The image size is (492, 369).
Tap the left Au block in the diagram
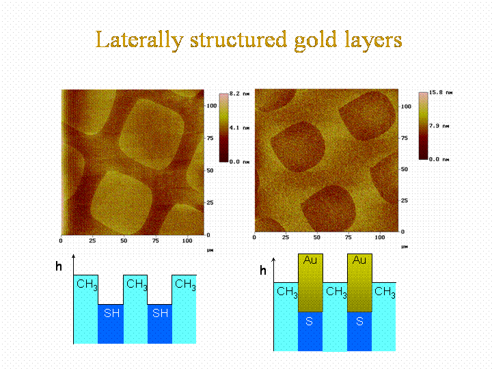pyautogui.click(x=310, y=282)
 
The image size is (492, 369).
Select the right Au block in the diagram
pyautogui.click(x=360, y=282)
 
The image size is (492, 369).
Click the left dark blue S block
pyautogui.click(x=310, y=331)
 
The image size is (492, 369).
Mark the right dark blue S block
pyautogui.click(x=360, y=331)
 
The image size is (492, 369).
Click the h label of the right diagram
pyautogui.click(x=263, y=271)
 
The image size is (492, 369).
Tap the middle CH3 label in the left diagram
pyautogui.click(x=136, y=284)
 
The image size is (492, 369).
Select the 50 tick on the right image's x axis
pyautogui.click(x=316, y=237)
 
